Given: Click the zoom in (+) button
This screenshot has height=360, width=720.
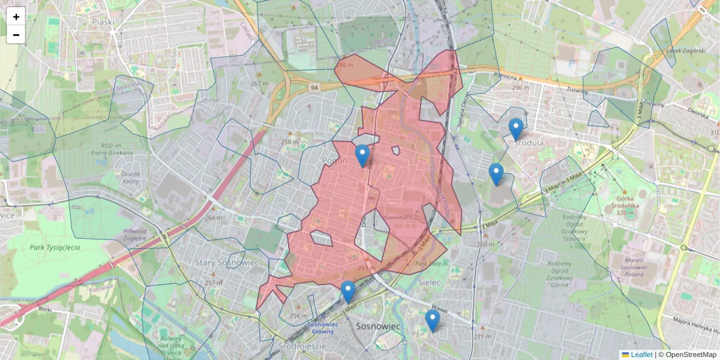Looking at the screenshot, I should click(16, 17).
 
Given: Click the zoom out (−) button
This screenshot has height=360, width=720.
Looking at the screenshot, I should click(16, 35).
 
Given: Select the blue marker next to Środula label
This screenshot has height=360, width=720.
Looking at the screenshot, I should click(515, 129).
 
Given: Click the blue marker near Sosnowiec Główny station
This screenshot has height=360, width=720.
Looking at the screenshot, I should click(348, 292).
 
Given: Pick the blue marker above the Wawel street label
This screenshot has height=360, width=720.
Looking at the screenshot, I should click(432, 320).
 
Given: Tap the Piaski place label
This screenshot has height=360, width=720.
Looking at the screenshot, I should click(103, 22).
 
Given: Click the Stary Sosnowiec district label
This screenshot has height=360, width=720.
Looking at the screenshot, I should click(226, 263).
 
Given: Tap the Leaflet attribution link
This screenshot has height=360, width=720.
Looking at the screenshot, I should click(641, 355).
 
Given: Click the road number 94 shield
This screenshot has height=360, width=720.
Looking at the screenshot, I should click(314, 88).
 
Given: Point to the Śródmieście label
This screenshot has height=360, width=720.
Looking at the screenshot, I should click(302, 346).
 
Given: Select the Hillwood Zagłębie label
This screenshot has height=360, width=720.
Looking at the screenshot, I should click(134, 235).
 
